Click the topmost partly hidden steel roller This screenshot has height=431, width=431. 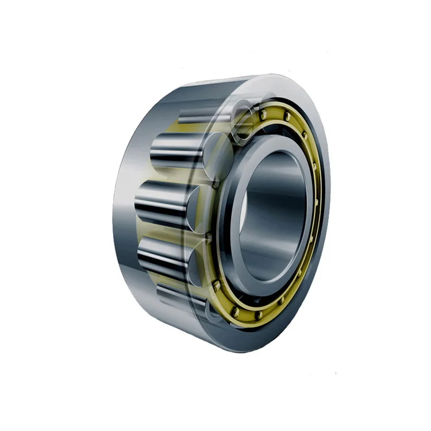pos(198,118)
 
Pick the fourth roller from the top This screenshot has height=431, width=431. pos(167,256)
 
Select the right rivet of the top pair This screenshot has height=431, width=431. pos(286,117)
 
